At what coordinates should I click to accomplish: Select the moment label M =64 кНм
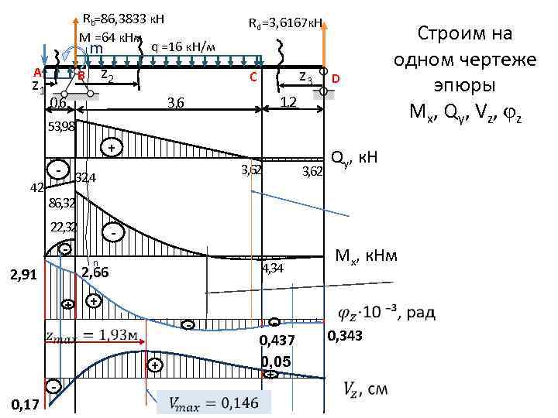109,37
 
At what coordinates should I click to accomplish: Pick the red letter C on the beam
252,77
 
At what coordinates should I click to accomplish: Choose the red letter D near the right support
336,79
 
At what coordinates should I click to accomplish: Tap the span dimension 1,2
288,102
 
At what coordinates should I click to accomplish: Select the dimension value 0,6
58,103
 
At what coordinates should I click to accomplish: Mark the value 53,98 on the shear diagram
61,126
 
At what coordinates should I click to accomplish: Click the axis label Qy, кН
354,158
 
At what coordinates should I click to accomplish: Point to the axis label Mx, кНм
366,255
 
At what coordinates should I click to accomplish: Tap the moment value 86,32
61,204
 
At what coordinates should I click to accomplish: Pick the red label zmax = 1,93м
91,336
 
